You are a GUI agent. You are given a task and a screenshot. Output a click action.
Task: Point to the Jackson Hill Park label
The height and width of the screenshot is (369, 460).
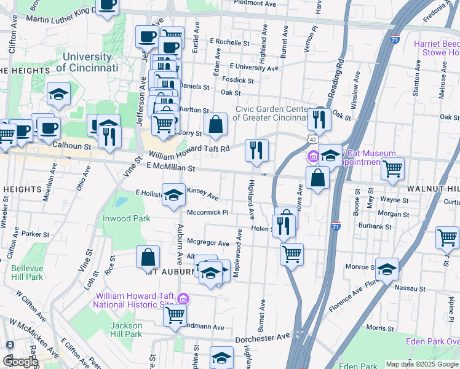tap(126, 329)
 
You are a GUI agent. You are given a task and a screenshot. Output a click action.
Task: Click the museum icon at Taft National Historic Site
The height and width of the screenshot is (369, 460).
tap(181, 300)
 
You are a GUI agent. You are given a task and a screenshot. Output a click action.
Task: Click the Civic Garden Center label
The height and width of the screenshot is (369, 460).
tap(271, 113)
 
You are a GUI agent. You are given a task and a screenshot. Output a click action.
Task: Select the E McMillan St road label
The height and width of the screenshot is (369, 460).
tap(171, 167)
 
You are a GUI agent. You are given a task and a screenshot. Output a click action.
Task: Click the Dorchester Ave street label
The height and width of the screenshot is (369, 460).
tap(263, 338)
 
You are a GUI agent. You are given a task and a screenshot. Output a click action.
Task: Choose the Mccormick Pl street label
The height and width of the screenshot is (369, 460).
tap(208, 213)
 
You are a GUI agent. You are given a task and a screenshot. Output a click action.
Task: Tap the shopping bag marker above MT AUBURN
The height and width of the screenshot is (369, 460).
tap(148, 258)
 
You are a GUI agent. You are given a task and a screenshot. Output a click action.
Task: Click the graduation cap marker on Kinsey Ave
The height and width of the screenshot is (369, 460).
tap(174, 195)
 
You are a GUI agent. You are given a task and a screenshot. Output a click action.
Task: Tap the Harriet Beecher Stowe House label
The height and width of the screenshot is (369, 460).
tap(436, 48)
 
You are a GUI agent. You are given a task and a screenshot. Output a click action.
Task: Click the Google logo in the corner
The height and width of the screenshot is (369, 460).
tap(20, 362)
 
